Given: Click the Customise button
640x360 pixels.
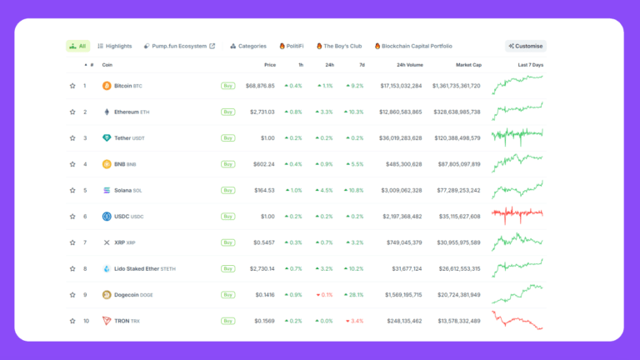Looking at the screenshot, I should [x=525, y=46].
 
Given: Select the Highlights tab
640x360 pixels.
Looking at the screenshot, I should [x=115, y=46].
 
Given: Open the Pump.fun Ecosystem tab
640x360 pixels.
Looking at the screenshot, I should [x=179, y=46].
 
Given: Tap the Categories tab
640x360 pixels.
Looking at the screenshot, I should [x=248, y=46].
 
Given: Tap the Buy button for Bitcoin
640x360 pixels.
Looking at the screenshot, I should [x=227, y=85].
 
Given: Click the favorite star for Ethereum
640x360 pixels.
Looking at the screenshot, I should [x=72, y=112].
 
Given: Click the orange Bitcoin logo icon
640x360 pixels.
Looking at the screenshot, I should [x=107, y=85].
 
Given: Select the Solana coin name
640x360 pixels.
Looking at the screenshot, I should [x=127, y=190].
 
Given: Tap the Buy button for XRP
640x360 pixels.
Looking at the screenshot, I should [x=227, y=242].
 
